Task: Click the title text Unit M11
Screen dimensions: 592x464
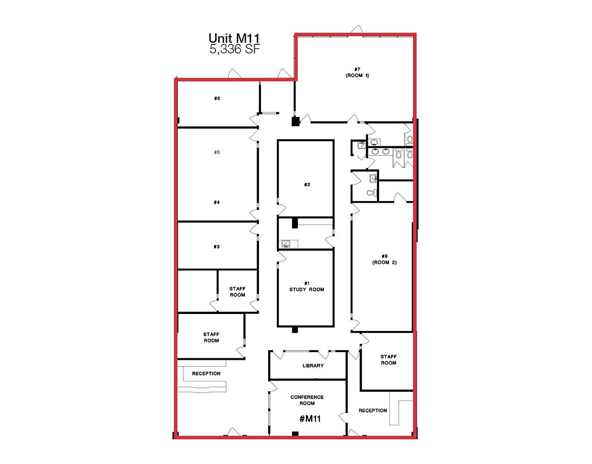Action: click(234, 38)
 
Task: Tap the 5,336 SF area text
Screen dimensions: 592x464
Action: click(235, 48)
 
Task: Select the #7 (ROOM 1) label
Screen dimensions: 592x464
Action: click(357, 72)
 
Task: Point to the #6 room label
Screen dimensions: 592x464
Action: click(217, 98)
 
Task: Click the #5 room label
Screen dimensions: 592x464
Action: click(217, 153)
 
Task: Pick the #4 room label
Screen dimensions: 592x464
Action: click(217, 203)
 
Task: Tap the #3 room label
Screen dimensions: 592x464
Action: click(217, 247)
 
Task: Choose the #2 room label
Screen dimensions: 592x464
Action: click(307, 185)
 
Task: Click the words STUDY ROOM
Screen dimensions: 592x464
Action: click(306, 290)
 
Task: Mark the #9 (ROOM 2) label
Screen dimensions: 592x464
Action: click(384, 259)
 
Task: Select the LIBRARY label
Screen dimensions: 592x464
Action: click(313, 366)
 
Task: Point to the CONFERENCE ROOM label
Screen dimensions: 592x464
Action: click(307, 400)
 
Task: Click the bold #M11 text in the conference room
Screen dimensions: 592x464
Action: click(310, 419)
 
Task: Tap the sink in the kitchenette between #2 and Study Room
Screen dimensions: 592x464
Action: click(286, 244)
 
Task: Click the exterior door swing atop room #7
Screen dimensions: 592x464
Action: click(357, 29)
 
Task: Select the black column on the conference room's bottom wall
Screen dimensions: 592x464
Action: click(295, 434)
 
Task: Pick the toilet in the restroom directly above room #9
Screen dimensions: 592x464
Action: click(371, 193)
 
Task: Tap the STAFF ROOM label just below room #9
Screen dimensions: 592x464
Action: click(388, 360)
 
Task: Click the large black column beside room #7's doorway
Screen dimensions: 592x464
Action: click(295, 122)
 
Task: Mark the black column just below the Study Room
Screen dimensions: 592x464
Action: click(295, 330)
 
